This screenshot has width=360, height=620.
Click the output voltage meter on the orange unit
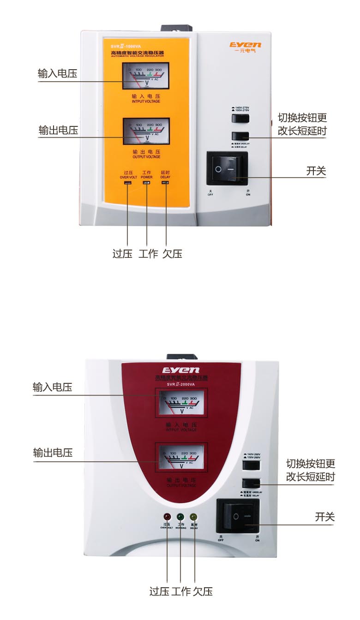click(146, 131)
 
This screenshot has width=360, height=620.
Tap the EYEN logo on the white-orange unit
click(245, 45)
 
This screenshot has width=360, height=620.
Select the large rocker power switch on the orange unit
click(224, 168)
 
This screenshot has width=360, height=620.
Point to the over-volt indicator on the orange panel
click(128, 183)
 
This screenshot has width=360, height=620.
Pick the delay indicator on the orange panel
click(165, 183)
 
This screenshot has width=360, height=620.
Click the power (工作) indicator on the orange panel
click(147, 183)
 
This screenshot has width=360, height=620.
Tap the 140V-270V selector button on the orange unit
click(240, 119)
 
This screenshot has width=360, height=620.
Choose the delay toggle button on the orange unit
click(240, 136)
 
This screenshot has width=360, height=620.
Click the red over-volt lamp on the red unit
click(166, 517)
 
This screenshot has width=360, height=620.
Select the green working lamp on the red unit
click(180, 517)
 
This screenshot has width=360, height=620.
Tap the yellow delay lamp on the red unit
click(194, 517)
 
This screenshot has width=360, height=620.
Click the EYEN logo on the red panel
click(180, 370)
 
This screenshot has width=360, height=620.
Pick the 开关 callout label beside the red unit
click(324, 517)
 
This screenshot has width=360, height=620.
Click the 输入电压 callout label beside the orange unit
click(57, 74)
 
